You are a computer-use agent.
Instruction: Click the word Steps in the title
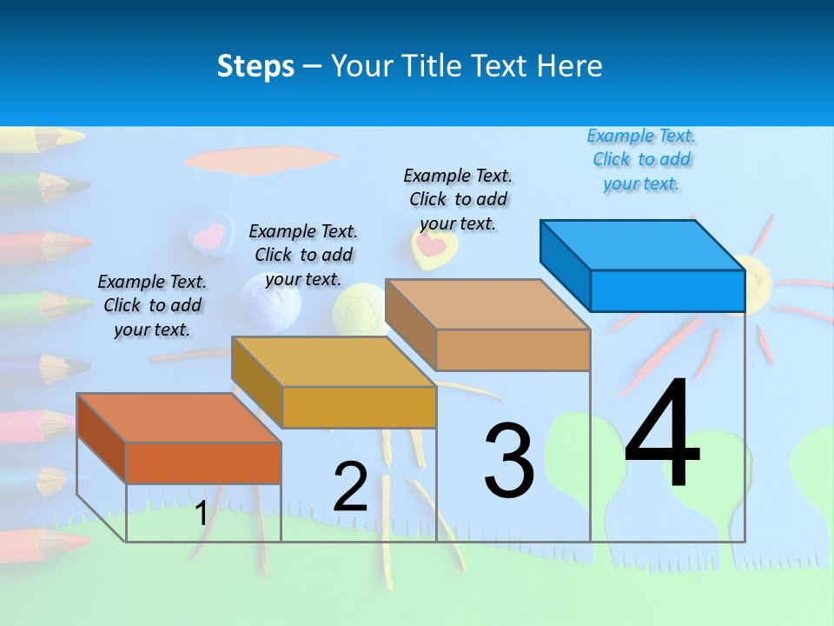tap(255, 66)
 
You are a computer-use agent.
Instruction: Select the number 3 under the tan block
tap(509, 461)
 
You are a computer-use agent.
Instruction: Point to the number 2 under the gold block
tap(350, 486)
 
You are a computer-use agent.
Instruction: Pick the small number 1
tap(201, 514)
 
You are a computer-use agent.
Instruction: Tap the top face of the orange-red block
tap(179, 418)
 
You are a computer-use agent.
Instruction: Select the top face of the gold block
tap(334, 362)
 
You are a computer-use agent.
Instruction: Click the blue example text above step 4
tap(641, 160)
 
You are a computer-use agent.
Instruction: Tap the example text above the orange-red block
tap(152, 305)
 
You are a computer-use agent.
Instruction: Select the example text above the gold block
tap(303, 255)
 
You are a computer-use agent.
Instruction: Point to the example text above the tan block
tap(458, 199)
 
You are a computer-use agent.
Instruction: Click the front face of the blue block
tap(667, 290)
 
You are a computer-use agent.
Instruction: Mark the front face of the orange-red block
tap(203, 463)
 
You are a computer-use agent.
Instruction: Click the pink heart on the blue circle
tap(209, 234)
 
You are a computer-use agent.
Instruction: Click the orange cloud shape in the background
tap(261, 160)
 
